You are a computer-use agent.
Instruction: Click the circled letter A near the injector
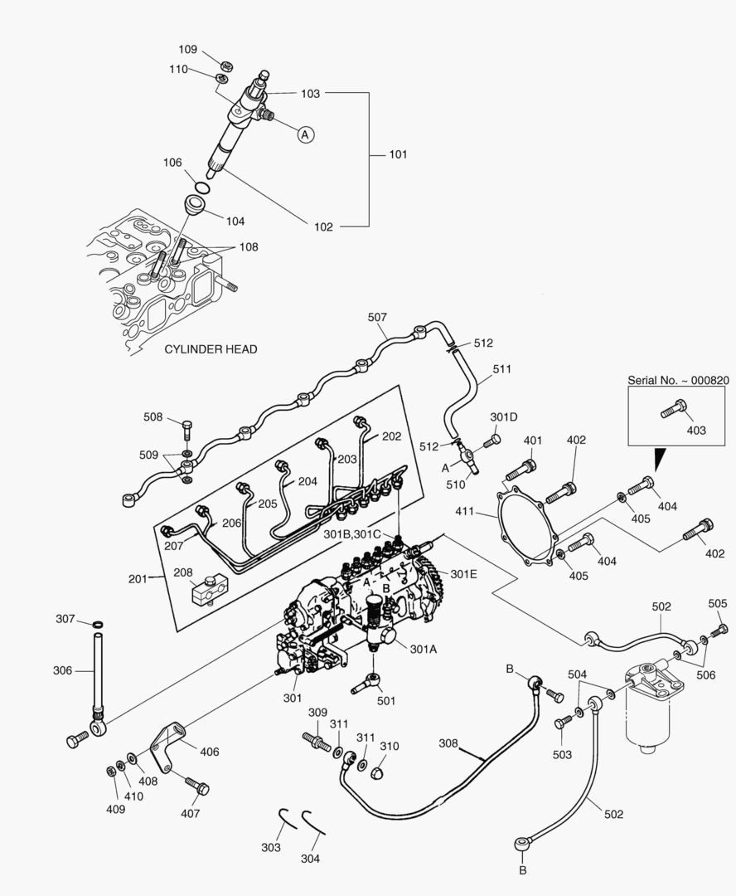point(305,134)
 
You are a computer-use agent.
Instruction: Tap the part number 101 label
point(399,154)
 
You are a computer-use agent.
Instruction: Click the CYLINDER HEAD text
point(211,349)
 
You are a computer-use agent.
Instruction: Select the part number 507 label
point(377,317)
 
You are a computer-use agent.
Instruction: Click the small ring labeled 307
point(98,624)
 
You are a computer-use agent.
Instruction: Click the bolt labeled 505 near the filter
point(720,631)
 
